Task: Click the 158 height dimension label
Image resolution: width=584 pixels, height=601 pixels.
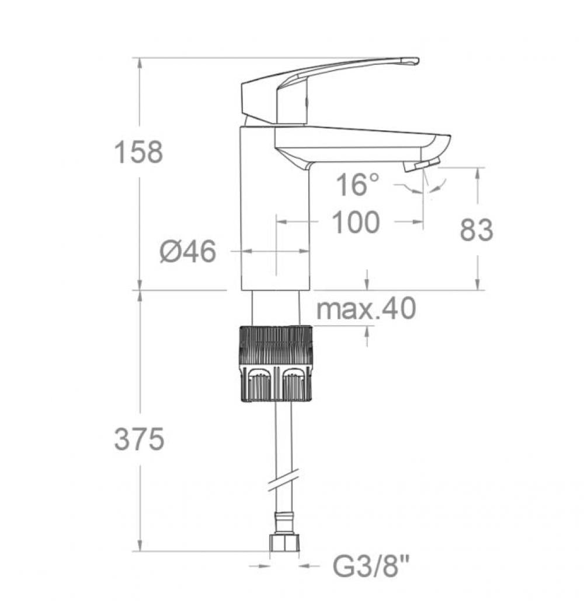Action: click(138, 152)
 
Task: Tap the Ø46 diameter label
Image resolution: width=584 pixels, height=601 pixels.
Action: click(188, 252)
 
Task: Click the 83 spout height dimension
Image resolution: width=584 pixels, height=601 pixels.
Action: click(477, 230)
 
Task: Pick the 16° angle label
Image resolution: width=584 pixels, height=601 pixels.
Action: click(357, 186)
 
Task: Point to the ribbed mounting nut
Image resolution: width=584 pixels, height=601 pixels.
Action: click(275, 363)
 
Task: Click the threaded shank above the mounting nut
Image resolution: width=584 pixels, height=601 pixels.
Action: click(275, 308)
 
